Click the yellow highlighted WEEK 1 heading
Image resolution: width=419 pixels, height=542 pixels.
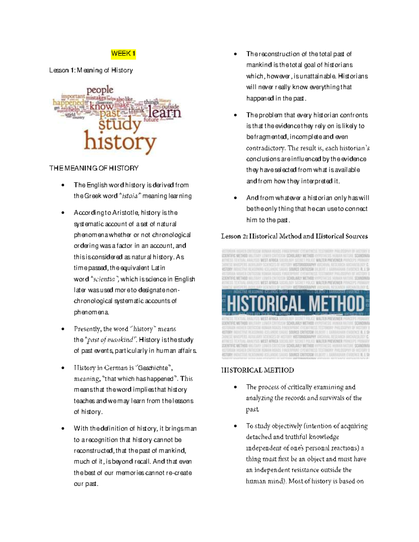(x=123, y=54)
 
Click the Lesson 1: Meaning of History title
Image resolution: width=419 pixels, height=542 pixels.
(x=91, y=70)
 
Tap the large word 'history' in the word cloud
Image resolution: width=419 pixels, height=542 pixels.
(x=120, y=142)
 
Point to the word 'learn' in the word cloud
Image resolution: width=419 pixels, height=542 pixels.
(x=164, y=112)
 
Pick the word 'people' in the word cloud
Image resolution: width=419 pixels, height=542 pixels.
(x=100, y=90)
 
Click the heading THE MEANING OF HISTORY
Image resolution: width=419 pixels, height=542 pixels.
(x=94, y=168)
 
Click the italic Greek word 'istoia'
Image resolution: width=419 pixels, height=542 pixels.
(x=129, y=196)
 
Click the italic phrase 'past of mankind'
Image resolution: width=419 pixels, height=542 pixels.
(x=110, y=340)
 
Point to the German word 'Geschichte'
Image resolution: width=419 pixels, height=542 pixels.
(x=154, y=368)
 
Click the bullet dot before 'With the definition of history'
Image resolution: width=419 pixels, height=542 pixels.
(x=63, y=429)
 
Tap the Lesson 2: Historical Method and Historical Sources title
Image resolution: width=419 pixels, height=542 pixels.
(x=294, y=236)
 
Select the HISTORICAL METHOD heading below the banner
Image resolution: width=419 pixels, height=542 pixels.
(x=257, y=370)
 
